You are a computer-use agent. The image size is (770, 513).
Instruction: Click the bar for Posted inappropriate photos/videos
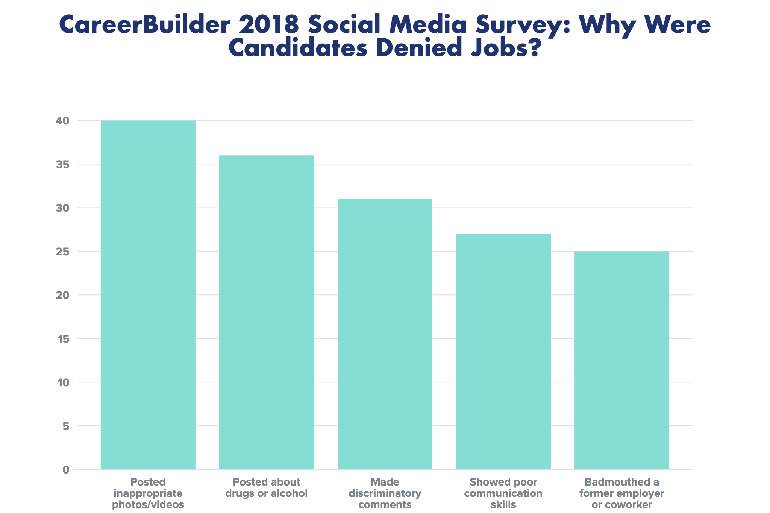(148, 295)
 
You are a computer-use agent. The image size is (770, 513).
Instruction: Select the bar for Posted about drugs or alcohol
(266, 312)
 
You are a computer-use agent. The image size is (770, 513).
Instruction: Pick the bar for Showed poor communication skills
(503, 351)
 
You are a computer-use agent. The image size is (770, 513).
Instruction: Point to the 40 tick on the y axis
(62, 121)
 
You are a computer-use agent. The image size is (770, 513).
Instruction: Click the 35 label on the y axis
(62, 164)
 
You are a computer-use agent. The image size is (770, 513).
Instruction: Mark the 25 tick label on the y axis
(62, 252)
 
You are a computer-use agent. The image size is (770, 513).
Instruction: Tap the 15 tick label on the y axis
(63, 339)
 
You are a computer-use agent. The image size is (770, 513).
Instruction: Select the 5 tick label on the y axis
(66, 426)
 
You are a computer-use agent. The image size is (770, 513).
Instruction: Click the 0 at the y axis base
(66, 470)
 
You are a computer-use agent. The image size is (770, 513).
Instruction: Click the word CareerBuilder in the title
(145, 25)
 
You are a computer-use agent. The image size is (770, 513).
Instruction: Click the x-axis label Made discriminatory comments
(385, 493)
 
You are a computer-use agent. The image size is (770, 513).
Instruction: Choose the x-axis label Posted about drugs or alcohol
(266, 487)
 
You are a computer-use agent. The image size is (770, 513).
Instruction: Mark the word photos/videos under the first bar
(148, 505)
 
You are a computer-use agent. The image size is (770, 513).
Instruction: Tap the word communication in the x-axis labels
(503, 493)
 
